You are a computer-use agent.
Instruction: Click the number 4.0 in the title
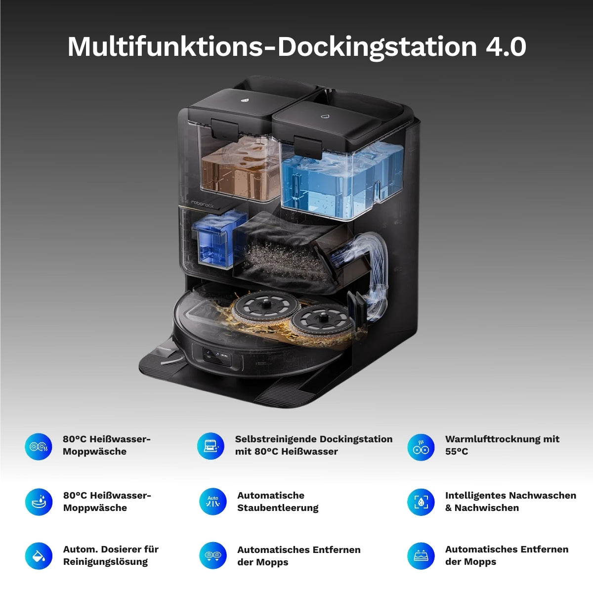[x=506, y=46]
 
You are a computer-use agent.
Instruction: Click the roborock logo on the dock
[x=202, y=204]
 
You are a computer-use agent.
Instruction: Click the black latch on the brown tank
[x=225, y=128]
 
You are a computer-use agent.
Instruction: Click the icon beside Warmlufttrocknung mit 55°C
[x=421, y=447]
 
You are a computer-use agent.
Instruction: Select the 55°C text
[x=457, y=452]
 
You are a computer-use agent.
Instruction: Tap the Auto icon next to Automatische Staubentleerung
[x=212, y=502]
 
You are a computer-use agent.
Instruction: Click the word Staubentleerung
[x=278, y=508]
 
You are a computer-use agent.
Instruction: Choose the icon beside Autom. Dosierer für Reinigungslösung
[x=39, y=556]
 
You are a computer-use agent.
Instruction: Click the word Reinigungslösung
[x=105, y=561]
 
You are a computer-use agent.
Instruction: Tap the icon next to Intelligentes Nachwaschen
[x=421, y=502]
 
